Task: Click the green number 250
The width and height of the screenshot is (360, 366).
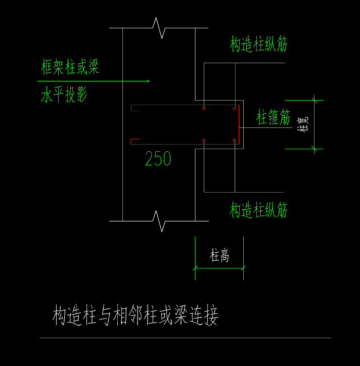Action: [x=158, y=159]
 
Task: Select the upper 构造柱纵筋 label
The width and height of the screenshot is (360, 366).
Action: [x=258, y=44]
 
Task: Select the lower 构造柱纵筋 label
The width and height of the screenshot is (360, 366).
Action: [x=258, y=210]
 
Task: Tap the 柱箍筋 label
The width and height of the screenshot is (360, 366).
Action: [x=273, y=118]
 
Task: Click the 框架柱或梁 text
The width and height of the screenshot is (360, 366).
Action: [x=70, y=67]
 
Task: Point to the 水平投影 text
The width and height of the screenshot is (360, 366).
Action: [x=64, y=95]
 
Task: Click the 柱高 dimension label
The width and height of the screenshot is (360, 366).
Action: [x=219, y=256]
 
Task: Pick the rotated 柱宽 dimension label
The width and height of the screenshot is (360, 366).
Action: [x=303, y=124]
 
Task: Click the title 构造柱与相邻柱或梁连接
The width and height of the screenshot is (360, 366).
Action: [x=136, y=316]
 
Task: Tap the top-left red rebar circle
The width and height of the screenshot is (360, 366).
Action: [x=203, y=108]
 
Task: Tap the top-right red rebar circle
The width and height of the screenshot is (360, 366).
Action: [x=234, y=108]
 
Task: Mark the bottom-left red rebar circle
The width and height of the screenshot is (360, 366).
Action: [x=203, y=141]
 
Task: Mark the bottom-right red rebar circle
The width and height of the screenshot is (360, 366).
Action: [x=234, y=140]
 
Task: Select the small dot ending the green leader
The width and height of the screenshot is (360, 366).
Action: [x=148, y=81]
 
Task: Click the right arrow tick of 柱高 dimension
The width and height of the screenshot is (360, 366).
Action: [x=243, y=268]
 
